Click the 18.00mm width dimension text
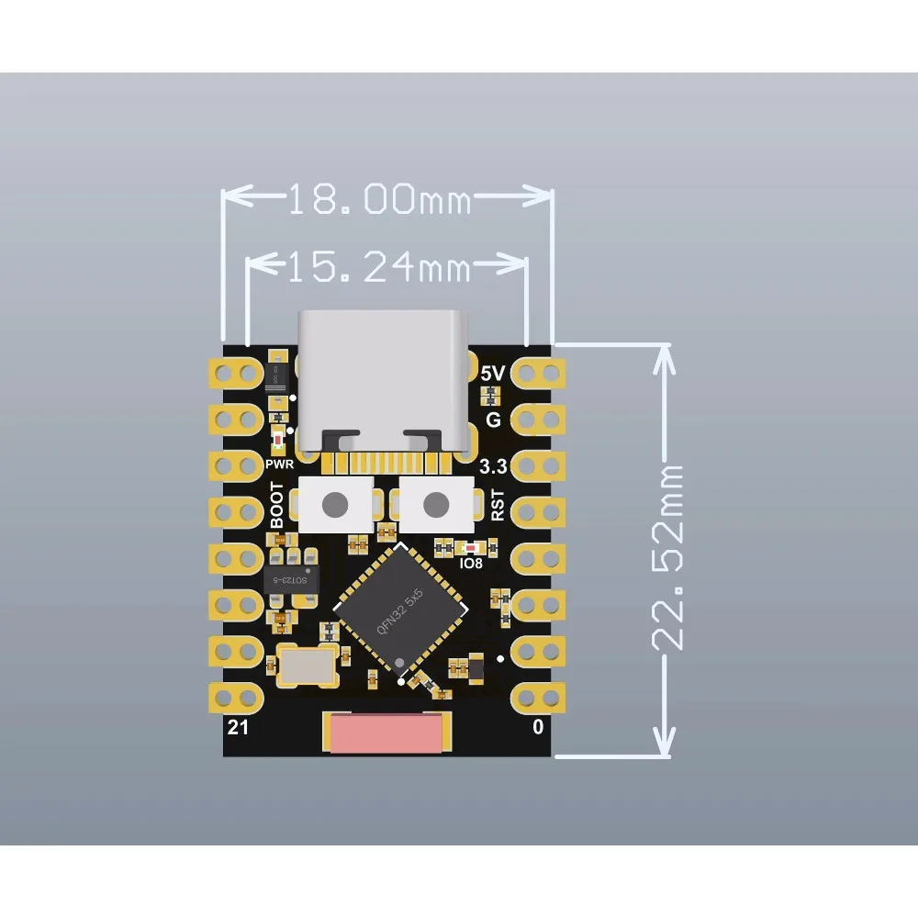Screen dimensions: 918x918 pyautogui.click(x=379, y=199)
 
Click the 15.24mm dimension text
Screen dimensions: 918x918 pyautogui.click(x=379, y=268)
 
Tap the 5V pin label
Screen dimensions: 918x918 pyautogui.click(x=492, y=375)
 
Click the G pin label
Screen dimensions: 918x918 pyautogui.click(x=493, y=420)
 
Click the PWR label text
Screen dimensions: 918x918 pyautogui.click(x=279, y=465)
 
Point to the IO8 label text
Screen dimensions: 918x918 pyautogui.click(x=470, y=563)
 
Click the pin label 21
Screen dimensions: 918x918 pyautogui.click(x=237, y=728)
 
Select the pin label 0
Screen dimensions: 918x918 pyautogui.click(x=538, y=728)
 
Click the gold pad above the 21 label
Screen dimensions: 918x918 pyautogui.click(x=237, y=698)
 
